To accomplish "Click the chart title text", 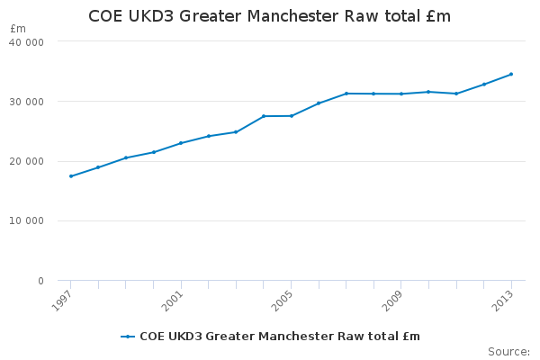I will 269,16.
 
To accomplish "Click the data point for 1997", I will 70,176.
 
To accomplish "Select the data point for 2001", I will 181,143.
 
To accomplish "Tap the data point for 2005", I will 291,115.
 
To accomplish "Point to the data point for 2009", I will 401,94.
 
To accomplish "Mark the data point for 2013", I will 511,74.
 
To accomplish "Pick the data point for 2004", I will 264,116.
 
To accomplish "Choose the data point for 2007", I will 346,94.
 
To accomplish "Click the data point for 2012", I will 484,84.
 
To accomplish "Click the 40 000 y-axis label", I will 27,41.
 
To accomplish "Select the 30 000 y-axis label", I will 27,102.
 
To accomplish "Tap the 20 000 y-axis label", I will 27,161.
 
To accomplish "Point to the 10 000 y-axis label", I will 27,221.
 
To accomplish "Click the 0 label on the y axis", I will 40,281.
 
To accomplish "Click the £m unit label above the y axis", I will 18,29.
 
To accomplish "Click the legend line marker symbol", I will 128,337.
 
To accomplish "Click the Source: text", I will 508,351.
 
